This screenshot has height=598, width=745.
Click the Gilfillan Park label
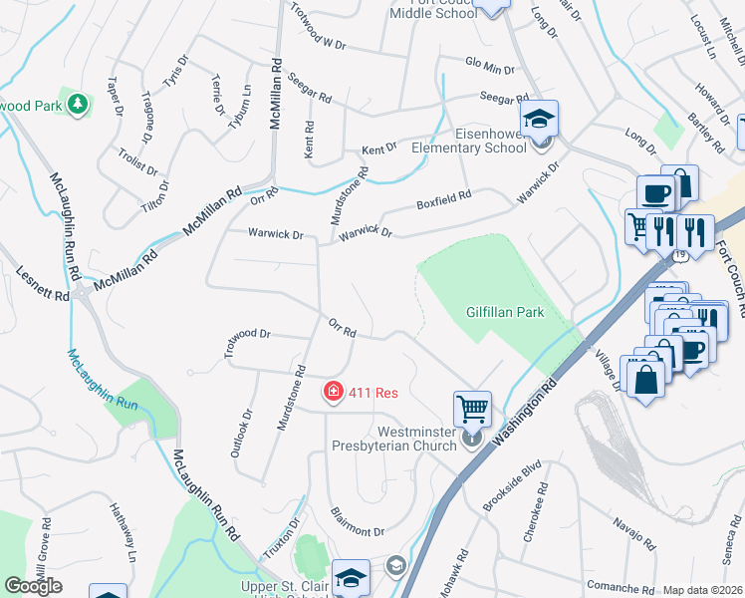point(505,312)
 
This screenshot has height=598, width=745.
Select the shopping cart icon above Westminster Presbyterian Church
point(472,408)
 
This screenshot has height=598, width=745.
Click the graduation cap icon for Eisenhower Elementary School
point(540,122)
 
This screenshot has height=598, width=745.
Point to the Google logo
point(33,586)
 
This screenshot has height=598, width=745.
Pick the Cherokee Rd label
point(534,512)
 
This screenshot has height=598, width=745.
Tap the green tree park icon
point(78,103)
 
